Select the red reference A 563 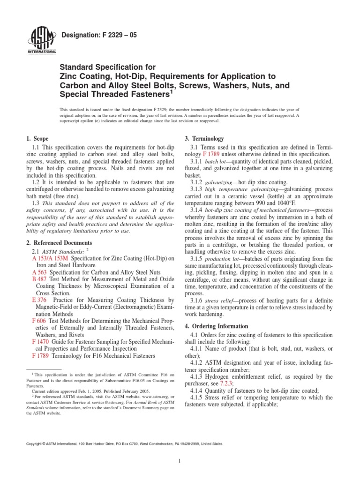(x=39, y=272)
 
